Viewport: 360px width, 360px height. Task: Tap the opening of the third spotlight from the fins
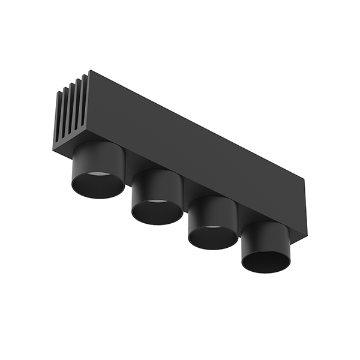213,236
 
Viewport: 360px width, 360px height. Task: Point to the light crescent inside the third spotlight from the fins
212,228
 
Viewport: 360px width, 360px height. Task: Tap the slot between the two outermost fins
61,117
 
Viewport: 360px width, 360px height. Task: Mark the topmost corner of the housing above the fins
89,71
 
